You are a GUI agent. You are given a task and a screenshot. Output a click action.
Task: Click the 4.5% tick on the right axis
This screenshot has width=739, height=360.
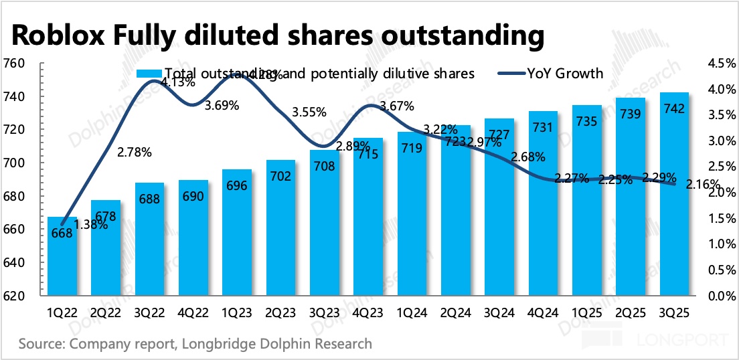point(719,64)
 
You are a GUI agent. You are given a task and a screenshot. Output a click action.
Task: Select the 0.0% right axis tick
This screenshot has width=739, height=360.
point(719,296)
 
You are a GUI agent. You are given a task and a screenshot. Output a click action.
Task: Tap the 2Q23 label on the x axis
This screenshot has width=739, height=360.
point(280,312)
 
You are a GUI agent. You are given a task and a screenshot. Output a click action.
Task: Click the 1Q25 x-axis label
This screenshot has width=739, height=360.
point(586,312)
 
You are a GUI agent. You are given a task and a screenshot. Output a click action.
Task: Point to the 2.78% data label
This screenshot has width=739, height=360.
point(135,152)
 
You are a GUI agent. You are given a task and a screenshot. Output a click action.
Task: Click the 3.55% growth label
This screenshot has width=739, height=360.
point(309,112)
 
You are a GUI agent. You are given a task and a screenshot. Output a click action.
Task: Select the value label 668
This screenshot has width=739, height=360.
point(62,233)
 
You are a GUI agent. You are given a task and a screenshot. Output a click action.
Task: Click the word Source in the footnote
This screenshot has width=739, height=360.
point(42,344)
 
